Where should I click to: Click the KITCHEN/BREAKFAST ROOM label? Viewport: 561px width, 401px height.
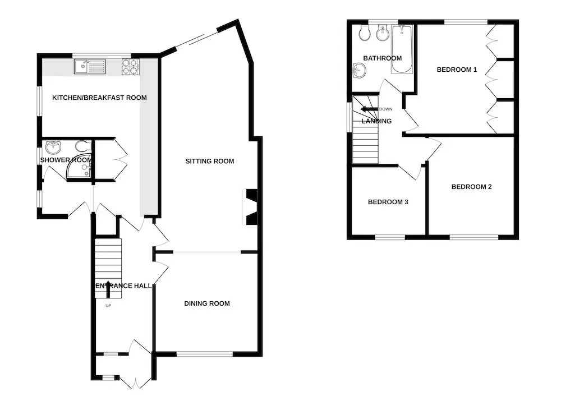click(99, 98)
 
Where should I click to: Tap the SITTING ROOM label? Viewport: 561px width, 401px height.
click(210, 162)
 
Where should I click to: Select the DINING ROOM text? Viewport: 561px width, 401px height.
click(207, 304)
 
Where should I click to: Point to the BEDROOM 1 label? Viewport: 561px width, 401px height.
click(457, 70)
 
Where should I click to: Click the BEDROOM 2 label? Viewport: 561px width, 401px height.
click(472, 187)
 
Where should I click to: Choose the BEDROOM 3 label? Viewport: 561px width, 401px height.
click(388, 202)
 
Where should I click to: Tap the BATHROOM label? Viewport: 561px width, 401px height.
click(383, 58)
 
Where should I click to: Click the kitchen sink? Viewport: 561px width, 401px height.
click(90, 67)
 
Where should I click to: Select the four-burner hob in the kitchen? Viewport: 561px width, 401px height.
click(130, 67)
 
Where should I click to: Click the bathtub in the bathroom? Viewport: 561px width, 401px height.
click(402, 49)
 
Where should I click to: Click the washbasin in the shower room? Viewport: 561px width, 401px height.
click(54, 147)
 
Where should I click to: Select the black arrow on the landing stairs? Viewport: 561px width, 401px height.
click(369, 109)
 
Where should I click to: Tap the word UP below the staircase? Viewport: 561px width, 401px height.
click(108, 306)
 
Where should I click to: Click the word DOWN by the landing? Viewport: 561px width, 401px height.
click(386, 109)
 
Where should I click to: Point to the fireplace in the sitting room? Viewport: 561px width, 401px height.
click(250, 207)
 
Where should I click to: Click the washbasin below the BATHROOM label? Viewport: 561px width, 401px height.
click(359, 70)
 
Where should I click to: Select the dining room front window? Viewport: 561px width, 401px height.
click(205, 354)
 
